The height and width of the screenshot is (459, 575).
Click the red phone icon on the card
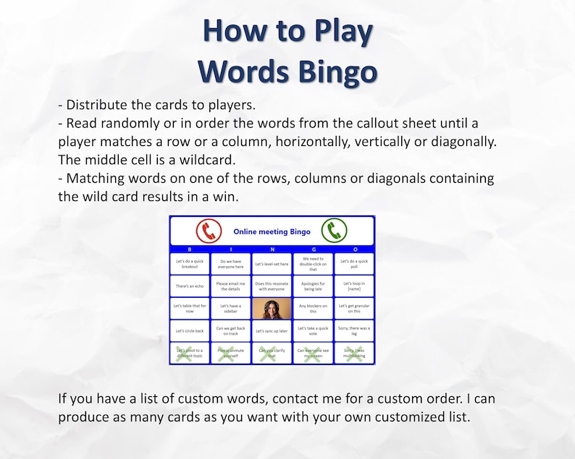pos(209,231)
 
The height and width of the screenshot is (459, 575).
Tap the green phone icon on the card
pos(335,231)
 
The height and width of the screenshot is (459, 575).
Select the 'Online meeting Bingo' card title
pos(272,232)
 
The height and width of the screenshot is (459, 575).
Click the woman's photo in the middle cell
pos(272,309)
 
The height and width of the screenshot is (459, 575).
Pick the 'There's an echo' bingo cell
pos(190,286)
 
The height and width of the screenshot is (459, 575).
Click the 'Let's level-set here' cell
pos(272,264)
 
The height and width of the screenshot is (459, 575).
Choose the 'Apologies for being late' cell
pos(313,286)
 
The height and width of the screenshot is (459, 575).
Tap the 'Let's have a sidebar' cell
pos(231,309)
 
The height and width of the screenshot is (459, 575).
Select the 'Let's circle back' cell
pos(190,331)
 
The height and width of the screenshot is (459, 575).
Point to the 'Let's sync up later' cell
pos(272,331)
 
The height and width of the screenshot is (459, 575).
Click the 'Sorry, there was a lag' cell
pos(354,331)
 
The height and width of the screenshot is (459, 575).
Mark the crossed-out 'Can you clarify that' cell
pos(272,353)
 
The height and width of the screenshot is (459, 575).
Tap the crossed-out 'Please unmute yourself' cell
pos(231,353)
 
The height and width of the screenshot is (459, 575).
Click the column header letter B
pos(190,249)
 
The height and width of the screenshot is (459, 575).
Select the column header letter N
pos(272,249)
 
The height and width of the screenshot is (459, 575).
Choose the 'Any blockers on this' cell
pos(313,309)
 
